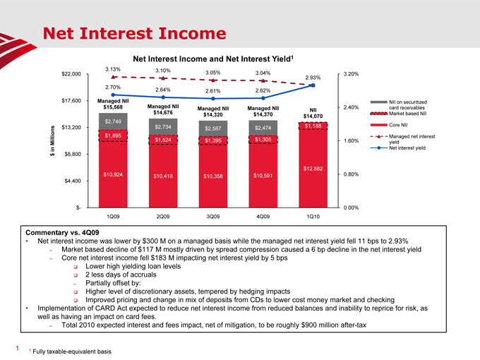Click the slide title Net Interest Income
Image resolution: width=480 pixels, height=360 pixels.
point(129,32)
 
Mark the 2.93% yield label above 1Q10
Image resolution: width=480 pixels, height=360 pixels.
point(313,78)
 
